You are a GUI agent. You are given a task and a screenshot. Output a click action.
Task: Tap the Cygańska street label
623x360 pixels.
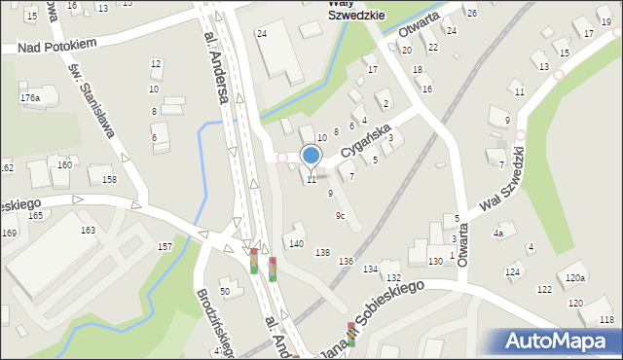(365, 144)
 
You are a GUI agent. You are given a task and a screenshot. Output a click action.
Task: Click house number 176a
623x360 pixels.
(30, 98)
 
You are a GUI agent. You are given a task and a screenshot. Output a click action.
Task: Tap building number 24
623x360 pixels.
(261, 34)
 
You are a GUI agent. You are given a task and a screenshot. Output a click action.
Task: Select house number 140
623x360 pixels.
(296, 243)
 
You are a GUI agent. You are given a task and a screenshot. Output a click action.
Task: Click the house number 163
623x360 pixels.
(88, 231)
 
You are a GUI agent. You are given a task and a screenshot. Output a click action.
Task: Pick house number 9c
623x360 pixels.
(340, 215)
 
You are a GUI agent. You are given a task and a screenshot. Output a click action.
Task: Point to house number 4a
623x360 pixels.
(497, 234)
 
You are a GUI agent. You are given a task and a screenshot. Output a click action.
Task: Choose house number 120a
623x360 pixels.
(575, 278)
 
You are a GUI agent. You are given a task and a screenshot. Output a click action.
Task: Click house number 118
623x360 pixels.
(606, 319)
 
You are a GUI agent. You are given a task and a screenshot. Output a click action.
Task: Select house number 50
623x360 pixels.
(224, 291)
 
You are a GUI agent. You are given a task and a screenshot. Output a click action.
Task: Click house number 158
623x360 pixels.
(110, 180)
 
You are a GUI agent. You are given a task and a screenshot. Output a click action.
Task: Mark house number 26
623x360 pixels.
(471, 13)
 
